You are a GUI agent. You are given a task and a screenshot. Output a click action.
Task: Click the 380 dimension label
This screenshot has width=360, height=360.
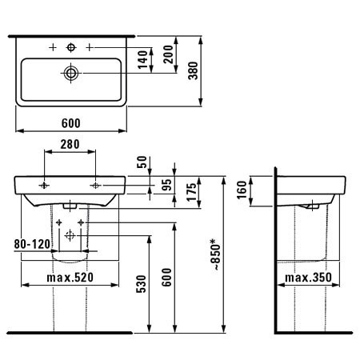coord(194,70)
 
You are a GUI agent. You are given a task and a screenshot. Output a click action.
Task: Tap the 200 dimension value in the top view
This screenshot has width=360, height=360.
coord(168,54)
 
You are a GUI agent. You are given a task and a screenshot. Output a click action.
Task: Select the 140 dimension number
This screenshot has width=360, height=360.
coord(143,59)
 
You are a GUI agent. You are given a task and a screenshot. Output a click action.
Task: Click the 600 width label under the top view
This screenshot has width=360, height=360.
coord(71,123)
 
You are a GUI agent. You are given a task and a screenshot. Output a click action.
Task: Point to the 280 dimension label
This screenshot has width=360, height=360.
coord(70,144)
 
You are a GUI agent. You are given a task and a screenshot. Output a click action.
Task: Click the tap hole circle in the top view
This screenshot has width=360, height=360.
coord(71,48)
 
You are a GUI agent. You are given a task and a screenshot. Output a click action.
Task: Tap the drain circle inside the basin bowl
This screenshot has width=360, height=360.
coord(71,73)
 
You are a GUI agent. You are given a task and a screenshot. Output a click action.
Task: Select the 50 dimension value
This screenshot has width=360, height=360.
coord(142,162)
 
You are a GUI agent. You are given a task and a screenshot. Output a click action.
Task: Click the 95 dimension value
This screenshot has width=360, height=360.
coord(166,186)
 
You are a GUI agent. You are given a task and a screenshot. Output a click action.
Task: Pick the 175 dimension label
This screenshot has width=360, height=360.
coord(192,192)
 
